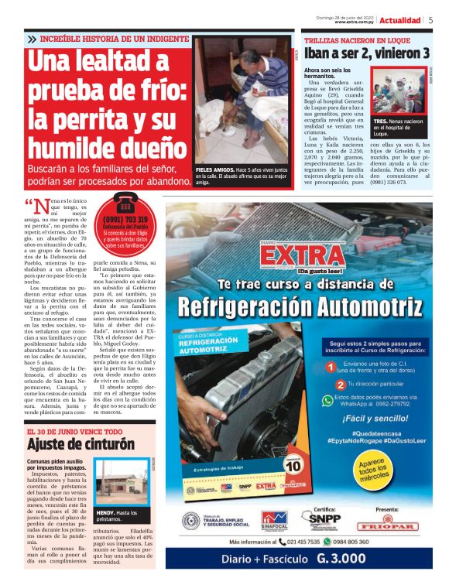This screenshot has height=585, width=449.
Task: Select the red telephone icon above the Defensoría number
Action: (125, 204)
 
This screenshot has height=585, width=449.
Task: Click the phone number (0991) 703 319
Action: (125, 220)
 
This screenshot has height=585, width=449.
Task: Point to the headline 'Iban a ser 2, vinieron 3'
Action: (366, 53)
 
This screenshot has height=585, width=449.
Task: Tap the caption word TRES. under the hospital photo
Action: (380, 121)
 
